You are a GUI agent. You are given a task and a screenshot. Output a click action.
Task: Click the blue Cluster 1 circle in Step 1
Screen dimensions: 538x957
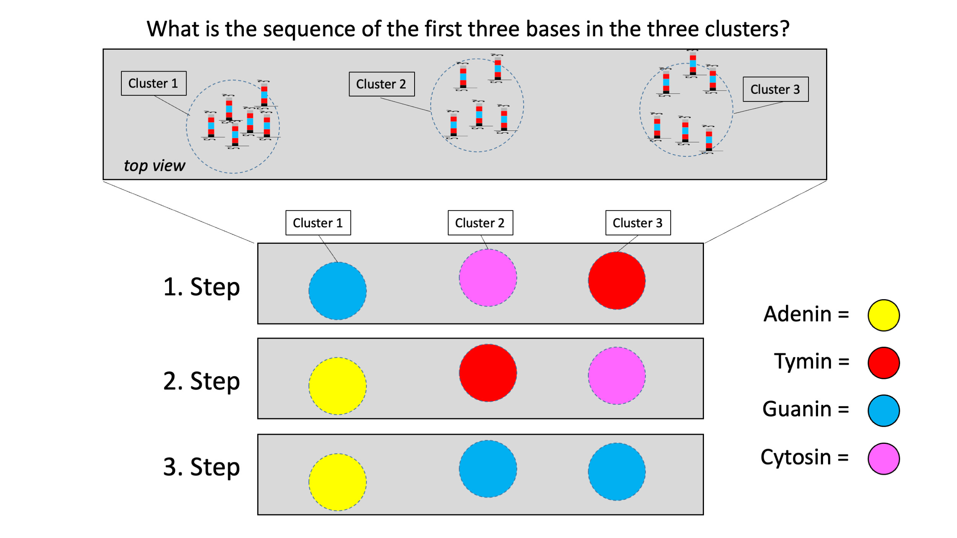tap(337, 291)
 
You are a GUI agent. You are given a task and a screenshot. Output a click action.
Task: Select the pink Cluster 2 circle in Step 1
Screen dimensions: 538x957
tap(488, 278)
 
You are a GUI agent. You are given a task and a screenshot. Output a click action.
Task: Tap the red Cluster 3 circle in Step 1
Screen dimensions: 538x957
tap(617, 280)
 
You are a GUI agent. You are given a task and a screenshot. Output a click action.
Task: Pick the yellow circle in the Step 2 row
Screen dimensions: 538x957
tap(337, 386)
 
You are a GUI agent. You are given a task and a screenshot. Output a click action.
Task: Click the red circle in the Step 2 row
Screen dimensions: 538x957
tap(488, 373)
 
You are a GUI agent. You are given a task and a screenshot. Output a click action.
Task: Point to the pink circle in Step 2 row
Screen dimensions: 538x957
tap(617, 375)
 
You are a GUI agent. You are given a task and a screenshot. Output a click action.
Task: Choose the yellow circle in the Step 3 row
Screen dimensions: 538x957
tap(337, 482)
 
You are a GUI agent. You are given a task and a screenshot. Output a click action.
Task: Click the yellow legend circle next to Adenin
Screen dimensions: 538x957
tap(884, 315)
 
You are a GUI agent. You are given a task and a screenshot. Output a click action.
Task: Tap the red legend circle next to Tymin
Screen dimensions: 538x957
tap(884, 363)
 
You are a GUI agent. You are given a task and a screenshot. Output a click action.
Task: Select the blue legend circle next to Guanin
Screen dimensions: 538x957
tap(884, 411)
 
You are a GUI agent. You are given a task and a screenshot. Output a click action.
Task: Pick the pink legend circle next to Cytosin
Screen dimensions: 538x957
tap(884, 458)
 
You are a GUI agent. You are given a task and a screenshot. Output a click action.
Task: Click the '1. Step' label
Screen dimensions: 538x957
tap(201, 287)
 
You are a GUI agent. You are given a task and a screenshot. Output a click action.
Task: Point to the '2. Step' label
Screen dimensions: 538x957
tap(201, 381)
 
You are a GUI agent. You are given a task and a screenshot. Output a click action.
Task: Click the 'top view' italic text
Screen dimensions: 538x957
tap(154, 166)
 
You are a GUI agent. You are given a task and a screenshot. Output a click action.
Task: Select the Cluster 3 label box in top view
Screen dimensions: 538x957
tap(775, 89)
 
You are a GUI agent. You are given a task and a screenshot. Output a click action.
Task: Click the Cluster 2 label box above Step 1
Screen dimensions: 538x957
tap(480, 223)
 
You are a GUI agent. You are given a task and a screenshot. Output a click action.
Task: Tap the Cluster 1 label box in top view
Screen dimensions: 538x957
tap(154, 83)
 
